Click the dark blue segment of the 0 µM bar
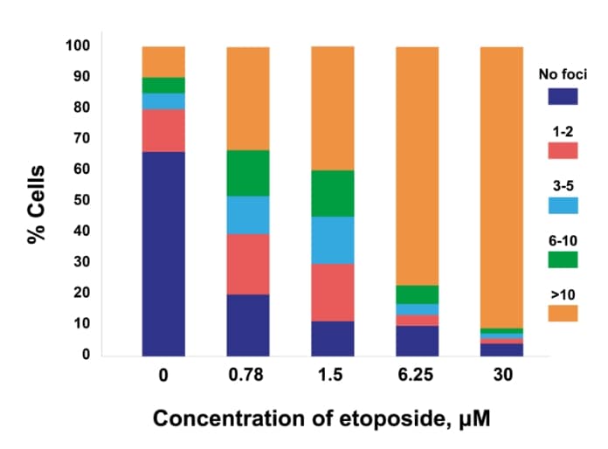tap(163, 253)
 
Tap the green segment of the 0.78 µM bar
tap(248, 173)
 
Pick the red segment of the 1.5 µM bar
tap(333, 292)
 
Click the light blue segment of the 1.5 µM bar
tap(333, 239)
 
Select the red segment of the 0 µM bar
tap(163, 130)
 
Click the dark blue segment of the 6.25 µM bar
tap(417, 341)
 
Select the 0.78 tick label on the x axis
tap(248, 378)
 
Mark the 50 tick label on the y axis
tap(83, 200)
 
